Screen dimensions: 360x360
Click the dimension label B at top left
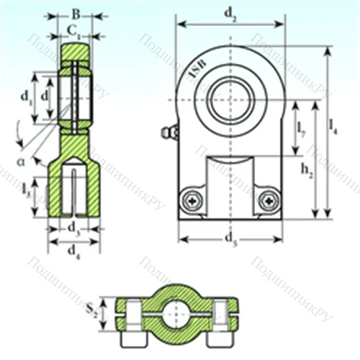click(75, 14)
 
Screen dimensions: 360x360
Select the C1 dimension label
click(73, 30)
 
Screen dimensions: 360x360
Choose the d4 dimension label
click(73, 251)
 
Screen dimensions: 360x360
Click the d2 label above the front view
click(230, 12)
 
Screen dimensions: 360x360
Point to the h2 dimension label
click(306, 169)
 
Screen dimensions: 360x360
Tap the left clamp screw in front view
click(191, 199)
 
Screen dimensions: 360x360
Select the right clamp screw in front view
click(269, 199)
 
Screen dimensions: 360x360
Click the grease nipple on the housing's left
click(170, 133)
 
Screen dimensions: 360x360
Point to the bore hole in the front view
click(230, 99)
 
